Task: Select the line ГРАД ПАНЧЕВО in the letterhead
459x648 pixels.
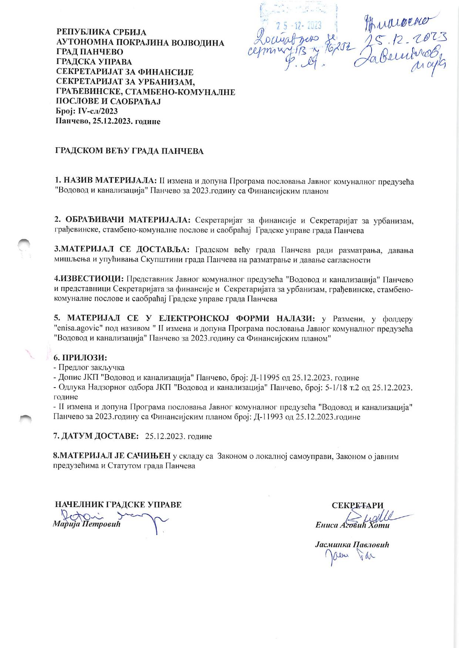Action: [90, 52]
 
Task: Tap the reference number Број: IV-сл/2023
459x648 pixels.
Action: [87, 111]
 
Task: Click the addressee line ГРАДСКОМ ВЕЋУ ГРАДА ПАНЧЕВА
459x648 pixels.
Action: [129, 151]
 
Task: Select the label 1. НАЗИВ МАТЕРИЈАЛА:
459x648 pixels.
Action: [106, 181]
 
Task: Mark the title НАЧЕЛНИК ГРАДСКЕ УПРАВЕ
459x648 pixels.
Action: [118, 505]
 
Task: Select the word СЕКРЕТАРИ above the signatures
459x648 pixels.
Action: [358, 506]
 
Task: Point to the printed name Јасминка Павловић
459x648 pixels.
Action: [352, 545]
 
